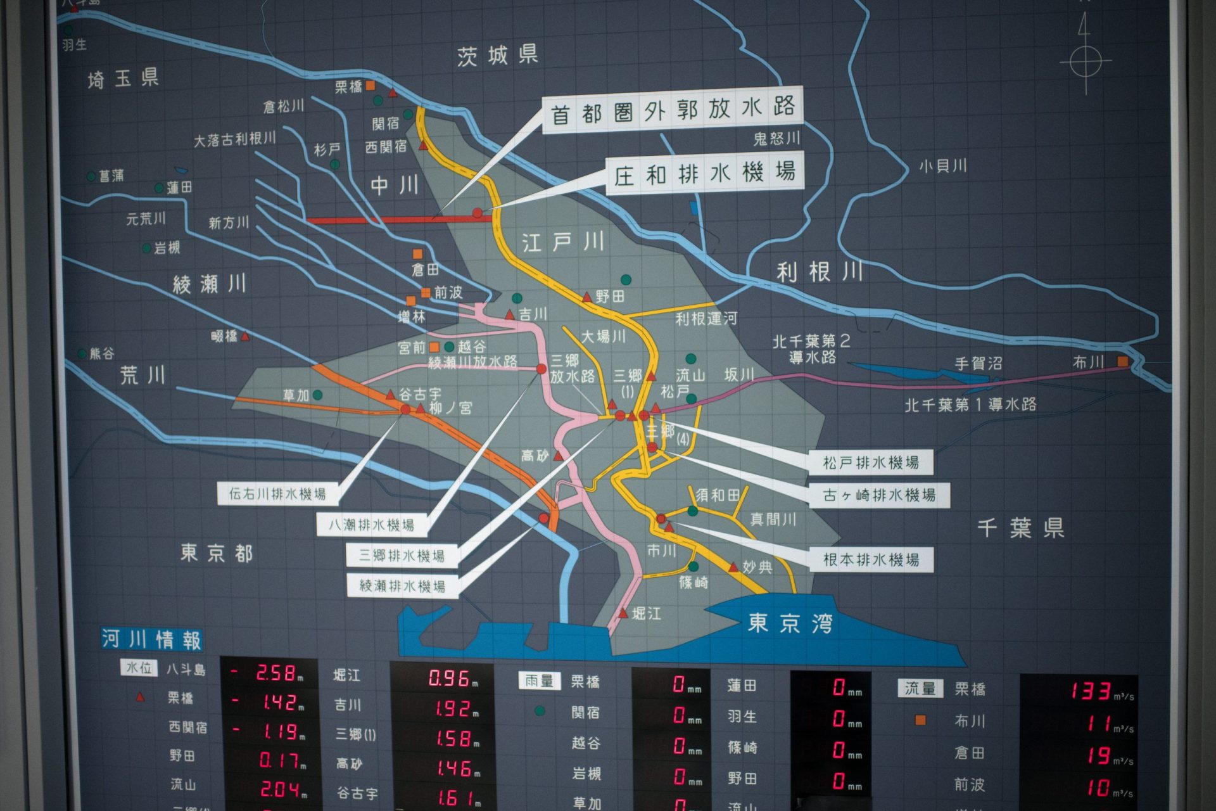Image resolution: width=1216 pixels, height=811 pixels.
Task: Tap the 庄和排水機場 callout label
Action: pos(704,173)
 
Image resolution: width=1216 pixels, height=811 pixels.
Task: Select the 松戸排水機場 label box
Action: pos(870,463)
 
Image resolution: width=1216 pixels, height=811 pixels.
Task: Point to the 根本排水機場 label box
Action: pos(870,559)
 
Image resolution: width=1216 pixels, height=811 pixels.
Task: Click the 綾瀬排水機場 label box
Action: pos(402,585)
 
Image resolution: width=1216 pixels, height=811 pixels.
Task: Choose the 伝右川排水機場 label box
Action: pos(277,494)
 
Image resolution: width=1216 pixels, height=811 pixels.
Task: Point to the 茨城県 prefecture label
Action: pos(497,56)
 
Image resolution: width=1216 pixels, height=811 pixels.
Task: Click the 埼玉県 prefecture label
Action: pos(123,79)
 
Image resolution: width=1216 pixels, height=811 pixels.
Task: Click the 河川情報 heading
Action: pos(151,639)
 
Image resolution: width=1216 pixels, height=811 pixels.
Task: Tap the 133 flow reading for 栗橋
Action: pos(1091,690)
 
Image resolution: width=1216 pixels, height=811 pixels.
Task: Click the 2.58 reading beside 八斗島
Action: pos(275,673)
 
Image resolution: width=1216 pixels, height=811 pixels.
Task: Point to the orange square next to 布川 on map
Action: pos(1122,361)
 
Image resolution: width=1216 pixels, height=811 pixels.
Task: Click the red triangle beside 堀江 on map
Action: pos(623,613)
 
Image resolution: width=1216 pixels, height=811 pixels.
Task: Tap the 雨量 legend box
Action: pos(539,681)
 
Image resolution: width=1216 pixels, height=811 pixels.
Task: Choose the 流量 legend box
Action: pos(920,688)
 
